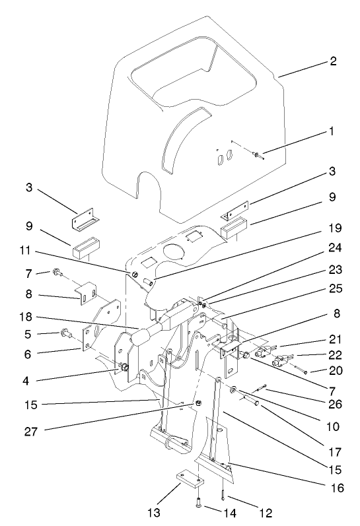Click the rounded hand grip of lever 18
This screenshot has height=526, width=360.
pos(140,338)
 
